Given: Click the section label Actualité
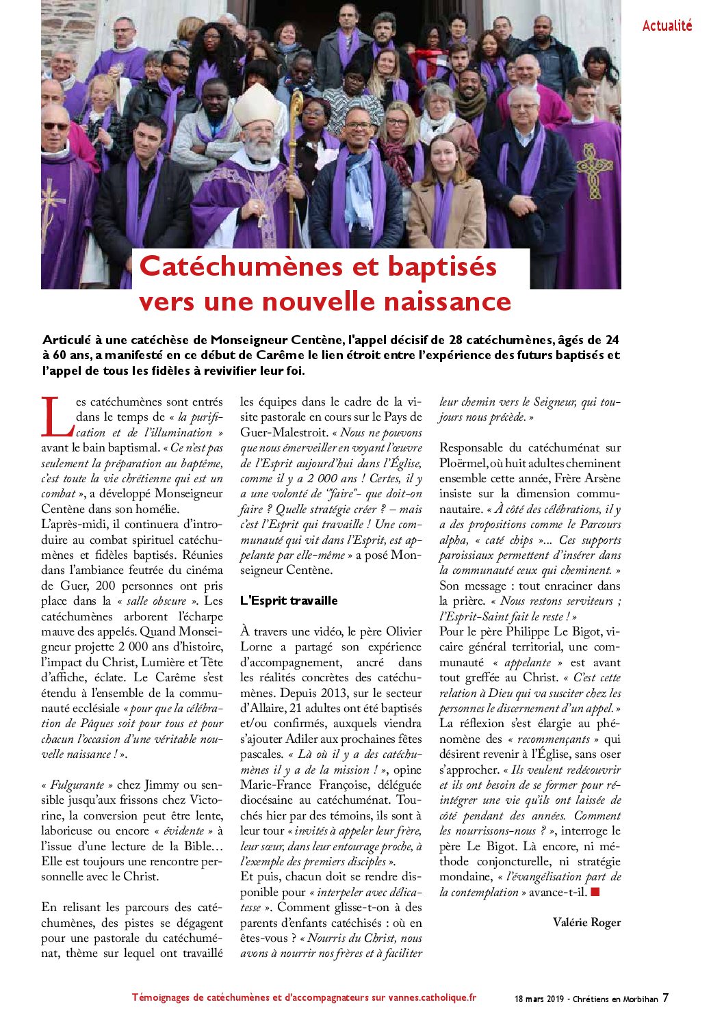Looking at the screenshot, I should point(667,26).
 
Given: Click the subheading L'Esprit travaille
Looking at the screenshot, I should point(289,601).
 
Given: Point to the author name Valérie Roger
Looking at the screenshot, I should point(586,922).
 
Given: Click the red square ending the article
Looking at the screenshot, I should point(595,892).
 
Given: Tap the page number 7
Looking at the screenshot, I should point(665,998).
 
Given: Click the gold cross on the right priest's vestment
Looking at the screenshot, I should point(593,168).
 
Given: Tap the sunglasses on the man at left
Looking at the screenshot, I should point(55,126).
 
